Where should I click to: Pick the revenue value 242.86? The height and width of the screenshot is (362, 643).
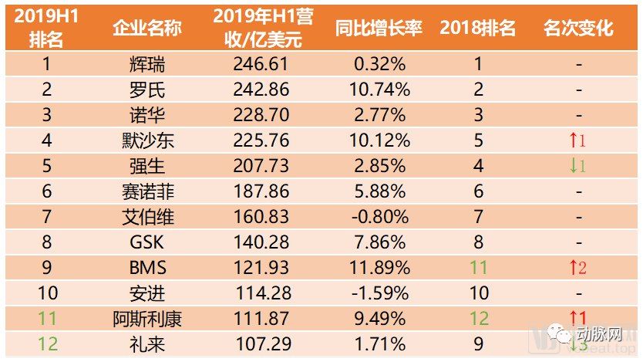pos(261,90)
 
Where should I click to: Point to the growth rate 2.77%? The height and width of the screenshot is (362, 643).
pos(379,115)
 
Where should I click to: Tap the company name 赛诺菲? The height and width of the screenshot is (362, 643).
pos(146,191)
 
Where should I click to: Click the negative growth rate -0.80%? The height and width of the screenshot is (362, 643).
pos(379,217)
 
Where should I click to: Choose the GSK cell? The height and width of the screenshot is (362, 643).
pos(146,242)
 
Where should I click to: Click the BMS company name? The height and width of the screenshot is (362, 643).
pos(146,268)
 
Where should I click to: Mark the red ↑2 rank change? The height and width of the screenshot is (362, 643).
pos(577,268)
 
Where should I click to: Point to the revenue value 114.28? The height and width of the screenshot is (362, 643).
pos(261,293)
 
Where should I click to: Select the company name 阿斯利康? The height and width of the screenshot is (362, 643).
pos(146,319)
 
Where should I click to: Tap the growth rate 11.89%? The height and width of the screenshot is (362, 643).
pos(379,268)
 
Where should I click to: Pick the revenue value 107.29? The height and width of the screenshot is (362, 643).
pos(261,343)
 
